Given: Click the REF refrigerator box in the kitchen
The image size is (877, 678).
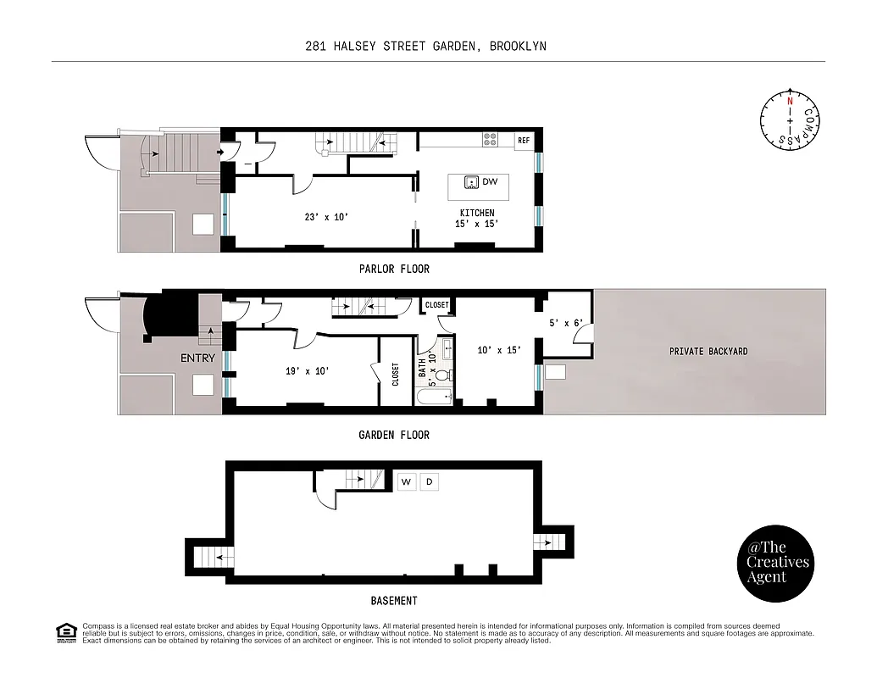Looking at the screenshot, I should (x=524, y=140).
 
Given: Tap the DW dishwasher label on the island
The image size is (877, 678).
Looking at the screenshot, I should (x=490, y=182).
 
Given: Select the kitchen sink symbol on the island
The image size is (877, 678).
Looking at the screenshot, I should (x=471, y=182).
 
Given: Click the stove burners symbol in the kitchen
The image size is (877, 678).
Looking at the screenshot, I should (x=490, y=139).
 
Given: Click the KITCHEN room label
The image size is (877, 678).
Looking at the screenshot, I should (x=477, y=213).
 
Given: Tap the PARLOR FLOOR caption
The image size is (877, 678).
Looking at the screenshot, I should (x=393, y=269).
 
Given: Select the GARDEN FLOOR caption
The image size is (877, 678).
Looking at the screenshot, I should (x=393, y=435).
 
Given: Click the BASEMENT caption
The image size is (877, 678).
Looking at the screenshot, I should (x=393, y=601).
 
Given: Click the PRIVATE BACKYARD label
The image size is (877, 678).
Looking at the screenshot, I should (x=708, y=351).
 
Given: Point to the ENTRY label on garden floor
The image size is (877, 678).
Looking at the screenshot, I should (x=197, y=358).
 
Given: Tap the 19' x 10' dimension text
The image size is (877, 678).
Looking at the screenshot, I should (x=306, y=370).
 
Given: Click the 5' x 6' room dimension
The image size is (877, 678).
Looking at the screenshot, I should (x=565, y=322).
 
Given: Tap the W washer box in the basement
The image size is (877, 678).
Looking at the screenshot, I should (x=407, y=481).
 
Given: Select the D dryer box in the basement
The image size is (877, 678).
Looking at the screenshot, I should (x=429, y=481).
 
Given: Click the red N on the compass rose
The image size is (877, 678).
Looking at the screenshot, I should (x=790, y=101).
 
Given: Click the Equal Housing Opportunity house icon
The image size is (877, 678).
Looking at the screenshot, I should (x=65, y=631).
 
